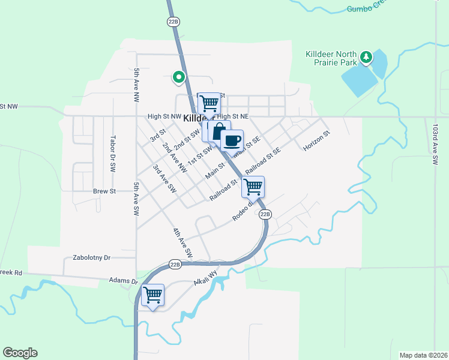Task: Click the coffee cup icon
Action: (232, 141)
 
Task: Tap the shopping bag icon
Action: (220, 131)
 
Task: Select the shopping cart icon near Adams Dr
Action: (153, 295)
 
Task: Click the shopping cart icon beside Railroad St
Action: (253, 187)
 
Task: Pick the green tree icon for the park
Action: (366, 58)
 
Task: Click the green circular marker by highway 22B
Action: (178, 77)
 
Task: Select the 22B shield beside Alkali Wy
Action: (175, 264)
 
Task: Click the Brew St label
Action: (104, 191)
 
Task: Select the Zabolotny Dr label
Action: (91, 257)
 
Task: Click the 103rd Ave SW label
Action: (435, 144)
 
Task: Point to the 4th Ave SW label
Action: (181, 244)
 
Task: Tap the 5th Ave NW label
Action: (137, 83)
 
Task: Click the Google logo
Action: (20, 353)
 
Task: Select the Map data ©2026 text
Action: (423, 355)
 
